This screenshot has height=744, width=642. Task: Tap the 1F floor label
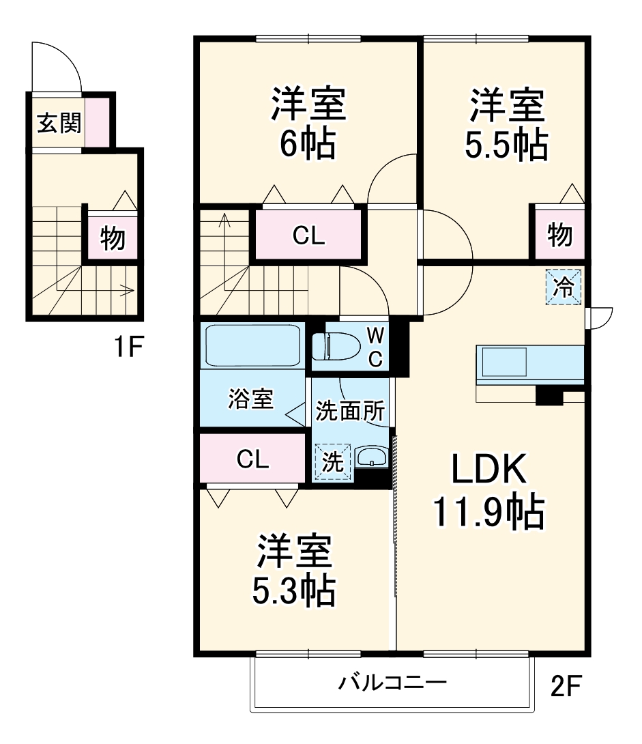(128, 348)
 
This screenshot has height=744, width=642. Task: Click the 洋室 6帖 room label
(307, 123)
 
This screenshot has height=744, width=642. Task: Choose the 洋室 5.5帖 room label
(506, 123)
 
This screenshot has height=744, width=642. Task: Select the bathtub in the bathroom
(253, 346)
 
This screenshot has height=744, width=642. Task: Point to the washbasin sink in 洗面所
(371, 457)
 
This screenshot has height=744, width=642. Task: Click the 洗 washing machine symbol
(332, 462)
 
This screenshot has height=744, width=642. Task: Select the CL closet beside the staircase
(308, 235)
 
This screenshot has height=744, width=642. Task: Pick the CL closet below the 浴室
(252, 459)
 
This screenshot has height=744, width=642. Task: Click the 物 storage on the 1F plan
(113, 238)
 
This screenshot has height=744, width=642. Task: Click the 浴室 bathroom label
(251, 399)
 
